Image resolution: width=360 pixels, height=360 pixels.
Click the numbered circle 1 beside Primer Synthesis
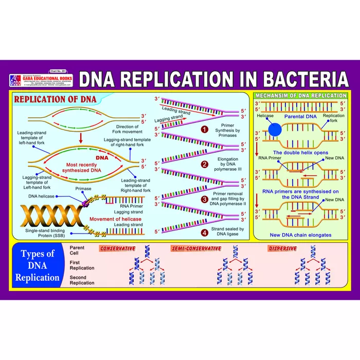click(204, 130)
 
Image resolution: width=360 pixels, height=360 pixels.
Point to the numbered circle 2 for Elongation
click(204, 165)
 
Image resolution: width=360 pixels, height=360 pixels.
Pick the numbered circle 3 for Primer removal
click(204, 199)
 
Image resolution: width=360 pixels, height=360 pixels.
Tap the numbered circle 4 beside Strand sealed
click(204, 232)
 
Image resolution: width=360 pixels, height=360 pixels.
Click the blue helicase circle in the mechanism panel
click(275, 129)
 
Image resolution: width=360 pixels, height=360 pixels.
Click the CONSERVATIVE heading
click(118, 249)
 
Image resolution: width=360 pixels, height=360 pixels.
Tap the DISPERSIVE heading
click(283, 249)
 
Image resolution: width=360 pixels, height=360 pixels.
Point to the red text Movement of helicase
click(116, 219)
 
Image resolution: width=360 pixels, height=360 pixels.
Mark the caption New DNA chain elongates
click(300, 235)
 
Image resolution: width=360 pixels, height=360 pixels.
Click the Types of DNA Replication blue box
click(37, 265)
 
